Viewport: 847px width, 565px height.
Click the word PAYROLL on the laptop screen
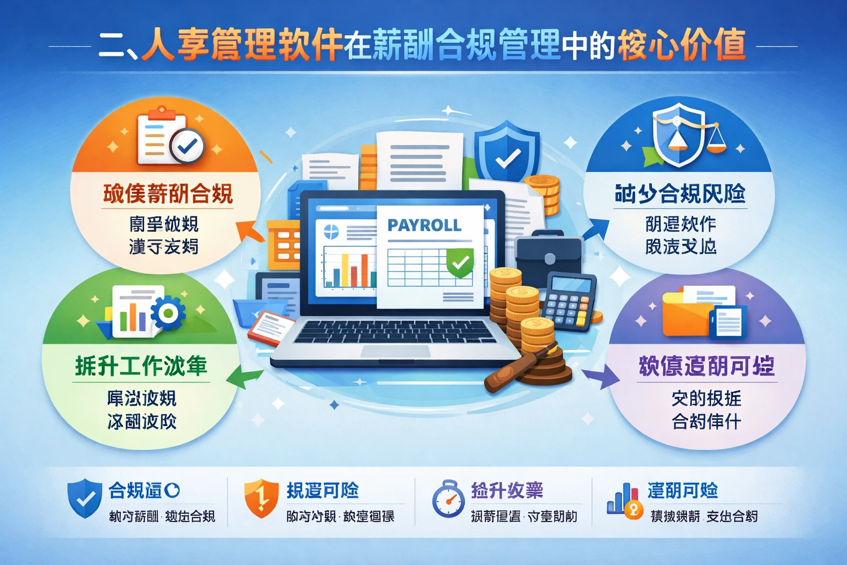coord(424,225)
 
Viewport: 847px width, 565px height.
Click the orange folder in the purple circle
coord(687,315)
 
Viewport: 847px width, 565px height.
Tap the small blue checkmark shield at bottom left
coord(84,499)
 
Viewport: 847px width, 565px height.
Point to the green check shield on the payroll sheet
coord(459,263)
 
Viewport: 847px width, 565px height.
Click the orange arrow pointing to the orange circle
coord(250,232)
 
